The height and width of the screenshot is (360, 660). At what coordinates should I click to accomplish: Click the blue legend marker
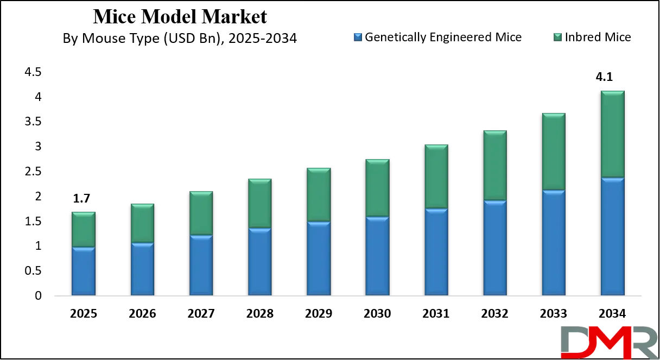(x=358, y=37)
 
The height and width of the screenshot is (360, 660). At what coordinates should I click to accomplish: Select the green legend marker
(x=557, y=37)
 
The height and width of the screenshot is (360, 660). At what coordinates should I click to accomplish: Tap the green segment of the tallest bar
(x=612, y=134)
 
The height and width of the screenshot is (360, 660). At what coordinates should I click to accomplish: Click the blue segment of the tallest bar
(x=612, y=236)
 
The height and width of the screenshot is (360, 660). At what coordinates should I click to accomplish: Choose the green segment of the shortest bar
(x=84, y=229)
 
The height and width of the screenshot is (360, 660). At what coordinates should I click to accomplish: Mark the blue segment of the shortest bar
(x=84, y=271)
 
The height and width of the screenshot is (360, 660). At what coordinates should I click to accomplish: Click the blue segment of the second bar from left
(x=142, y=269)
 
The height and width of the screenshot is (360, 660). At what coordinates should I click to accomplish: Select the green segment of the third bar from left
(x=201, y=213)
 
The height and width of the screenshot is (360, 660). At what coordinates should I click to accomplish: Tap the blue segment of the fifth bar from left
(x=318, y=258)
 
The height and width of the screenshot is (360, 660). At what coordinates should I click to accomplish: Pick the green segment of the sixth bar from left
(x=377, y=188)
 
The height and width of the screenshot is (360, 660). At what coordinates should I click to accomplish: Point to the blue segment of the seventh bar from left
(x=436, y=252)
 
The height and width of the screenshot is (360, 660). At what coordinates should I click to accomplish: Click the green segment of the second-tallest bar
(x=554, y=152)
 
